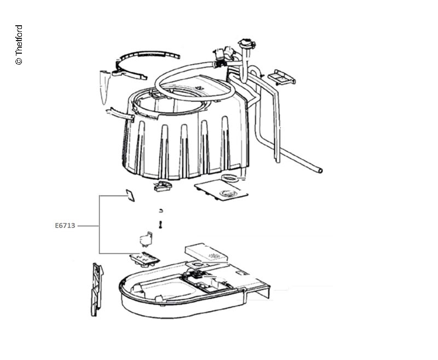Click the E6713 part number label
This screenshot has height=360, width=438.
pyautogui.click(x=65, y=226)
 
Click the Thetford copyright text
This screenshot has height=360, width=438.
pyautogui.click(x=19, y=45)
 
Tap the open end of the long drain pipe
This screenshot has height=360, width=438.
pyautogui.click(x=320, y=170)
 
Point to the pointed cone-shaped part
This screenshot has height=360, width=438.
pyautogui.click(x=104, y=87)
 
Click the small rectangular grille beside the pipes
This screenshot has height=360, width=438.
pyautogui.click(x=281, y=77)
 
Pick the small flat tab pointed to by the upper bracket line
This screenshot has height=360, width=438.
pyautogui.click(x=130, y=196)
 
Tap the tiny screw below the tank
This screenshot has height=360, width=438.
pyautogui.click(x=160, y=225)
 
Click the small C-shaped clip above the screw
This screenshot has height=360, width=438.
pyautogui.click(x=160, y=210)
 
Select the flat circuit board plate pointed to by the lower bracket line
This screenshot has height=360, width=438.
pyautogui.click(x=145, y=259)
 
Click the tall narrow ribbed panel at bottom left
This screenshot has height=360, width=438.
pyautogui.click(x=96, y=289)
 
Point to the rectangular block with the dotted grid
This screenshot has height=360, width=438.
pyautogui.click(x=206, y=253)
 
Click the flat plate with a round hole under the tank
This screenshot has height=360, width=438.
pyautogui.click(x=221, y=190)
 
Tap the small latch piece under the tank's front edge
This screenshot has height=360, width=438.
pyautogui.click(x=162, y=186)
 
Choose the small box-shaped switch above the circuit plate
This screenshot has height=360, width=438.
pyautogui.click(x=146, y=239)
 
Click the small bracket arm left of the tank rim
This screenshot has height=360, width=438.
pyautogui.click(x=120, y=115)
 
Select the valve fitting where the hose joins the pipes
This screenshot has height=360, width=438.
pyautogui.click(x=222, y=58)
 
